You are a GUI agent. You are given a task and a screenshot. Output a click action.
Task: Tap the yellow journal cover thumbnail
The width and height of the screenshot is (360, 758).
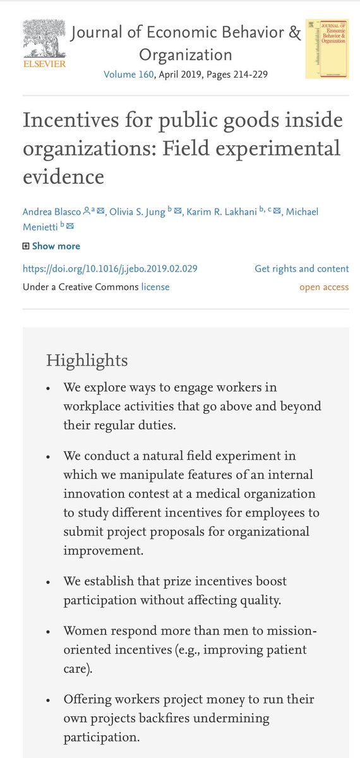click(327, 48)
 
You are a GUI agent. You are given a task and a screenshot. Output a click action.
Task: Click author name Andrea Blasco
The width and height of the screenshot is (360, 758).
click(53, 210)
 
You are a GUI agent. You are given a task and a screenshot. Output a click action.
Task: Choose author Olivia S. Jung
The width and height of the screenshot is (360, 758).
click(138, 210)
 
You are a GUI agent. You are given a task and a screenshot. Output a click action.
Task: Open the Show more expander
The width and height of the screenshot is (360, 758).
click(56, 246)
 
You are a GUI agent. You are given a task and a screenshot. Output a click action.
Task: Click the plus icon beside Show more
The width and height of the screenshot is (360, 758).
click(26, 246)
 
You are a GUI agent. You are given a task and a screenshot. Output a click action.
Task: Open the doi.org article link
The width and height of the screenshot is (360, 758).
click(110, 268)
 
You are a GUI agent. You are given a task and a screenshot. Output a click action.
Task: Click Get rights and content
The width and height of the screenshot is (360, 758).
click(301, 268)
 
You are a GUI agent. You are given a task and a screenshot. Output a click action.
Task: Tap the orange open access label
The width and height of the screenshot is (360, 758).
click(324, 287)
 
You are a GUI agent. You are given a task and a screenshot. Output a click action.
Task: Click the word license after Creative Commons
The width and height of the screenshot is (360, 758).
click(155, 287)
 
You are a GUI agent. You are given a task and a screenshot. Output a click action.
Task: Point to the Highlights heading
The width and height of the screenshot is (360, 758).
click(87, 361)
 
